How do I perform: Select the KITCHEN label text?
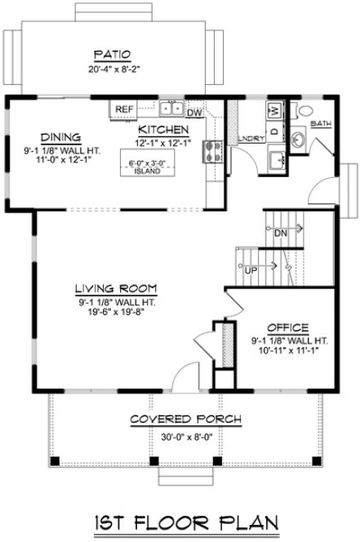[164, 130]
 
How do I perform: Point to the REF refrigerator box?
[124, 109]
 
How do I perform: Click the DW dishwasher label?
[194, 113]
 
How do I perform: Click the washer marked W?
[275, 110]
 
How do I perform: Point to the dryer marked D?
[275, 130]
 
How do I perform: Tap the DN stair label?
[281, 233]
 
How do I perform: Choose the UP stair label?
[251, 269]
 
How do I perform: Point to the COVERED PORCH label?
[186, 420]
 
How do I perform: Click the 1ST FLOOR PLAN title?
[180, 521]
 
